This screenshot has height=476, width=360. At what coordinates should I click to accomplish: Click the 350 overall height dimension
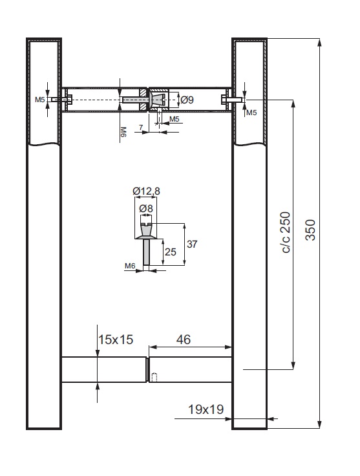(310, 230)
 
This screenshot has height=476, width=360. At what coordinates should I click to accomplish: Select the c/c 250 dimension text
(286, 232)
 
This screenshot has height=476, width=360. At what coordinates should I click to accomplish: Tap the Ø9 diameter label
(187, 100)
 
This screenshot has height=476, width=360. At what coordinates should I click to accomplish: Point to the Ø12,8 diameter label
(146, 191)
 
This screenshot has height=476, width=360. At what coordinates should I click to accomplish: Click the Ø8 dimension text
(146, 208)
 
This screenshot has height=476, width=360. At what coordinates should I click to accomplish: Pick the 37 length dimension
(192, 244)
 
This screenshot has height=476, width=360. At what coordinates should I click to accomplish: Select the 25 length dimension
(171, 252)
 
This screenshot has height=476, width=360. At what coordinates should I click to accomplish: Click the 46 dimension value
(184, 340)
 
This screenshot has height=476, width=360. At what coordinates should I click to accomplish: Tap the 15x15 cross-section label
(116, 340)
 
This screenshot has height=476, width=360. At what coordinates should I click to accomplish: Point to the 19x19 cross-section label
(206, 409)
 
